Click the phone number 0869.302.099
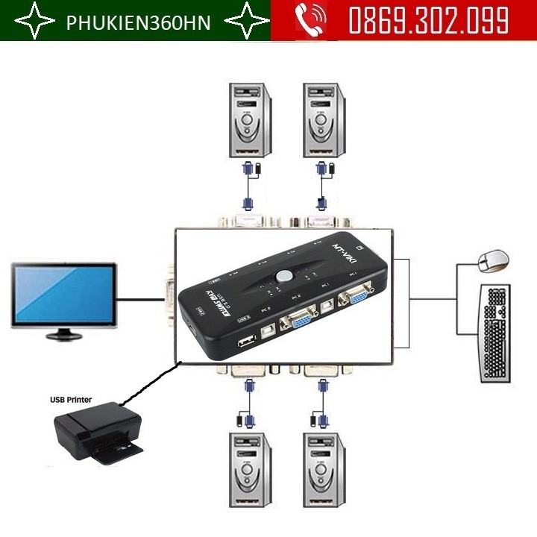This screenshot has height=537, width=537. click(x=428, y=20)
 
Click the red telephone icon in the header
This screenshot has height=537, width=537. click(x=308, y=21)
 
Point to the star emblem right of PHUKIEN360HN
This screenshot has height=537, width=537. click(x=247, y=22)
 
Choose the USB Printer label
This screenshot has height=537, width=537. click(x=71, y=400)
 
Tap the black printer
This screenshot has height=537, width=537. click(x=96, y=433)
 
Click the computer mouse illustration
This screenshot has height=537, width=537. click(x=493, y=261)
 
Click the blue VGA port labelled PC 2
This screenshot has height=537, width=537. click(x=297, y=323)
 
